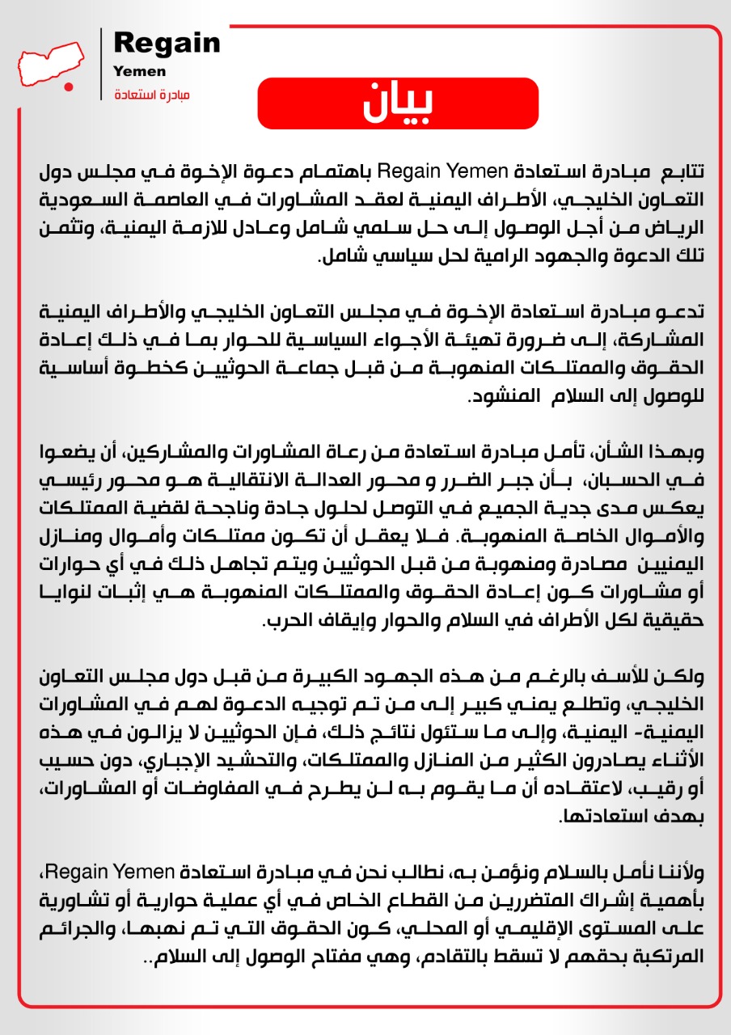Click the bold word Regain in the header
click(x=167, y=43)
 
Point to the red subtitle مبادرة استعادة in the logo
click(x=152, y=95)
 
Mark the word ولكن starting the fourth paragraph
click(x=678, y=676)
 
